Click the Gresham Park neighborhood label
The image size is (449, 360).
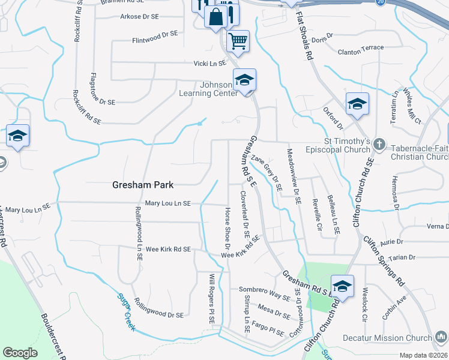(143, 185)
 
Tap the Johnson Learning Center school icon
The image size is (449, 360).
(245, 80)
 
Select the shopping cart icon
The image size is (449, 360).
(238, 41)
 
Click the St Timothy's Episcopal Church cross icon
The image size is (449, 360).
(379, 144)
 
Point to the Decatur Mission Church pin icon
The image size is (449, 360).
(442, 338)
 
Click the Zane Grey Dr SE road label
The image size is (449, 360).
(267, 173)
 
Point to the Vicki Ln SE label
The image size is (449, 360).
(209, 63)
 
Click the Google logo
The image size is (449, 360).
(20, 352)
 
